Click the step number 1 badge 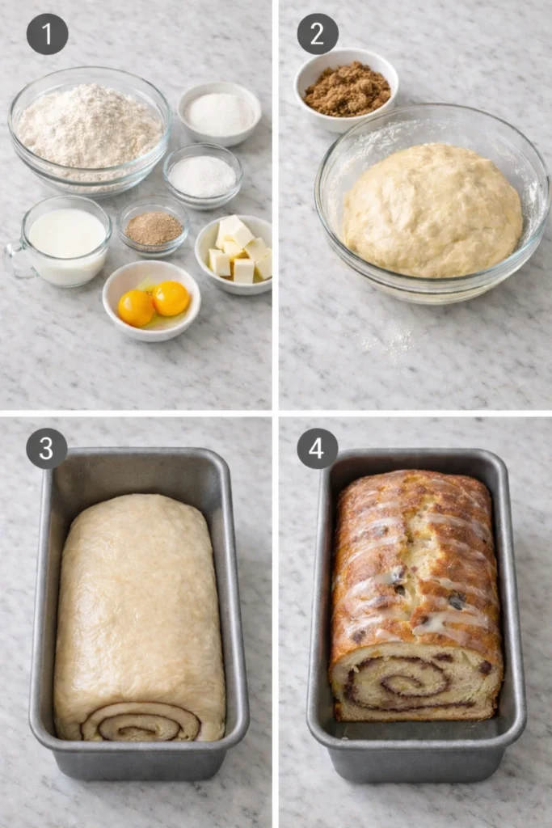tap(47, 34)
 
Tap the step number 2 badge tap(318, 34)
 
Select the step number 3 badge tap(47, 448)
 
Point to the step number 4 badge tap(318, 448)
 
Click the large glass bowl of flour tap(89, 129)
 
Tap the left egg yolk tap(136, 308)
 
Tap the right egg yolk tap(171, 298)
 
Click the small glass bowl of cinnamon tap(154, 229)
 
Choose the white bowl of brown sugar tap(347, 89)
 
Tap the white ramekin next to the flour tap(220, 113)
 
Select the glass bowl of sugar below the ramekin tap(203, 175)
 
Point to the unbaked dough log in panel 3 tap(139, 606)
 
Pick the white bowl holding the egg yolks tap(151, 298)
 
